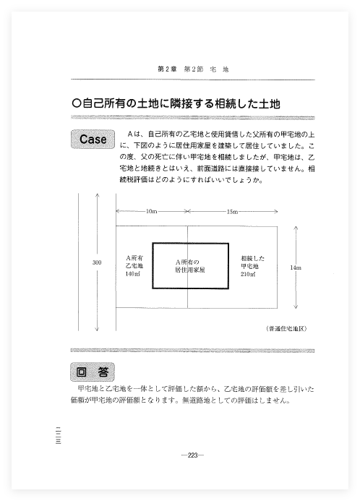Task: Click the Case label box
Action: tap(93, 139)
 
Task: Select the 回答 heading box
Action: tap(93, 372)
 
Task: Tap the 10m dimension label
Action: tap(151, 211)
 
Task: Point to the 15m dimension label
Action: tap(232, 212)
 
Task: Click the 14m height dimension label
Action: tap(296, 267)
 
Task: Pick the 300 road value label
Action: tap(97, 262)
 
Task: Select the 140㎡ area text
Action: tap(132, 274)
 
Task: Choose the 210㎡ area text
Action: tap(248, 274)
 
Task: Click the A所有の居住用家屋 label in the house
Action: tap(190, 266)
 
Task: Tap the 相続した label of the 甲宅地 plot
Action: tap(253, 258)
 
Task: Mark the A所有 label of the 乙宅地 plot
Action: tap(134, 258)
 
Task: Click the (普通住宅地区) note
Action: tap(286, 328)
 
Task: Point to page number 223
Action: tap(192, 455)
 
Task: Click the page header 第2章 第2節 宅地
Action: tap(193, 69)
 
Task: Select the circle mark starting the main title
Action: tap(76, 103)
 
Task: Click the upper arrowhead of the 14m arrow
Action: tap(296, 228)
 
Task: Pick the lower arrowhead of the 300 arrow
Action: tap(97, 328)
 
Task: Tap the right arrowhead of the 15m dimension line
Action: tap(275, 211)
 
